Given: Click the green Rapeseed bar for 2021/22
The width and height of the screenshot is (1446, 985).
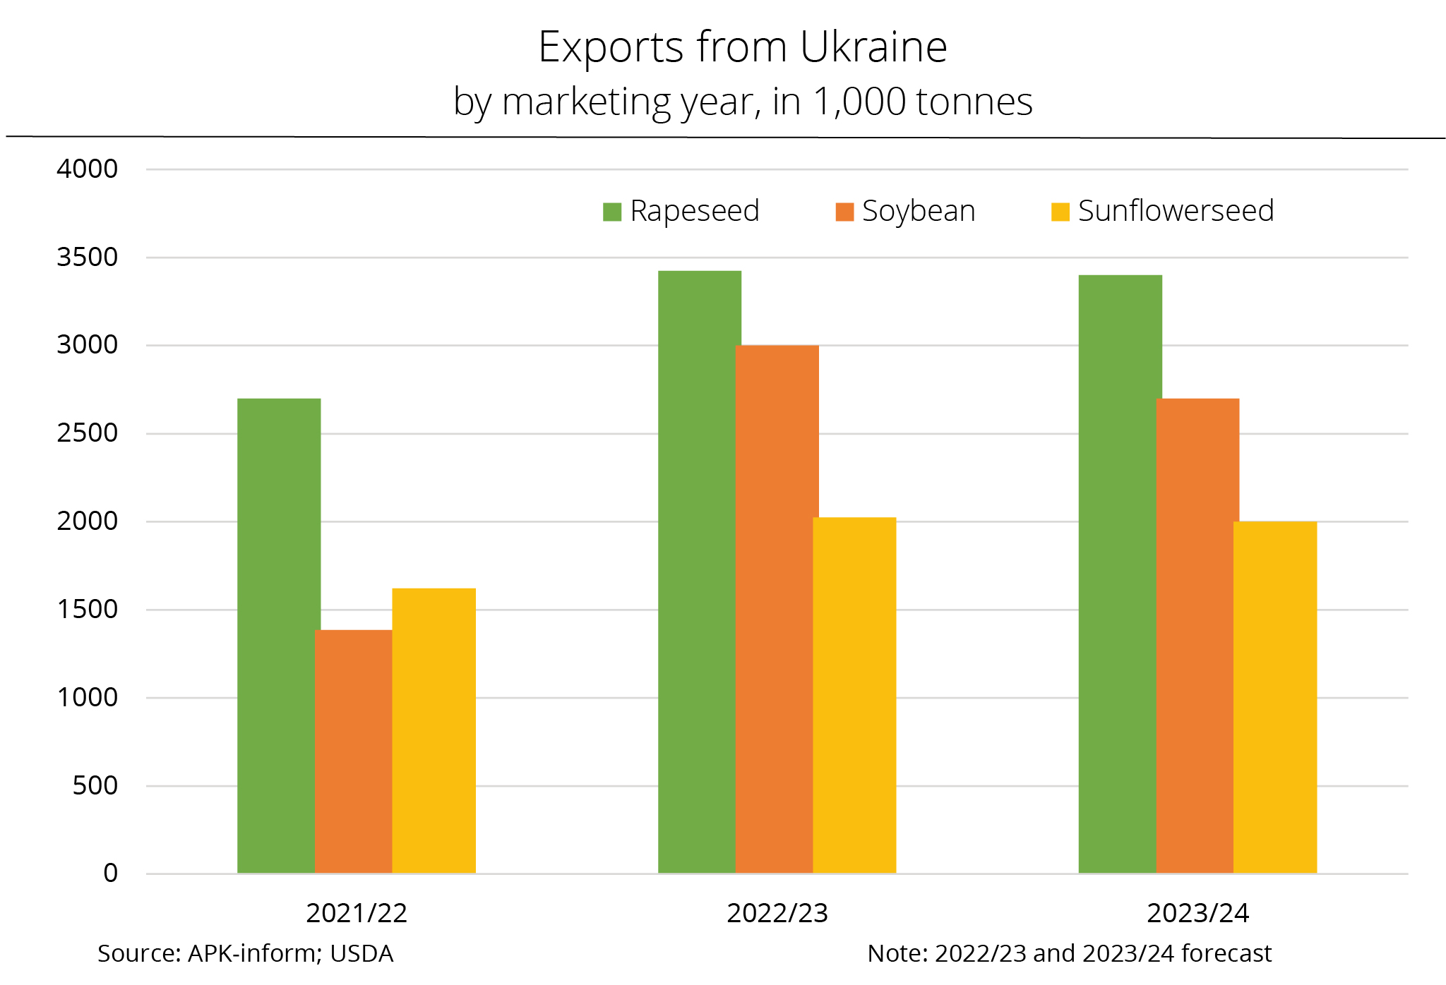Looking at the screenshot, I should pyautogui.click(x=278, y=635).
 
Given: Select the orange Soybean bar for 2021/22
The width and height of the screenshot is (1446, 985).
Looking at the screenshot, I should pyautogui.click(x=353, y=751).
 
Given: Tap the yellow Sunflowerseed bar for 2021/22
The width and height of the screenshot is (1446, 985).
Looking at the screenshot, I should pyautogui.click(x=434, y=730).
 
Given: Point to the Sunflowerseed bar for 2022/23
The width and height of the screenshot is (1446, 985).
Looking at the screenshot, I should pyautogui.click(x=854, y=695).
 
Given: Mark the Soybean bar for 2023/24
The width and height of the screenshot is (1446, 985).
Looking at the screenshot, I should pyautogui.click(x=1197, y=635).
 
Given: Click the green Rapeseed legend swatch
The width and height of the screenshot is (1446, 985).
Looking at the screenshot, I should pyautogui.click(x=611, y=212).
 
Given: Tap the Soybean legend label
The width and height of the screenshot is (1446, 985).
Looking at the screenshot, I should pyautogui.click(x=919, y=211).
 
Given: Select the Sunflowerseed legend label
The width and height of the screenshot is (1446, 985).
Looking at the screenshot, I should pyautogui.click(x=1176, y=211).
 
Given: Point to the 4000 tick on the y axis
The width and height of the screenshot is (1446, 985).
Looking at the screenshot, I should pyautogui.click(x=88, y=169).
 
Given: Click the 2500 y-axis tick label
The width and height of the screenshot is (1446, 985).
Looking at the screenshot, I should pyautogui.click(x=88, y=433).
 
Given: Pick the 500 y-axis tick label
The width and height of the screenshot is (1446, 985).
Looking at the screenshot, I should pyautogui.click(x=95, y=785).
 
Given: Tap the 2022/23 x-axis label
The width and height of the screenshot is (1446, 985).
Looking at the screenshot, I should pyautogui.click(x=777, y=913).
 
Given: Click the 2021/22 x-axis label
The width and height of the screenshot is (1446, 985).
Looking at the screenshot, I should pyautogui.click(x=357, y=913).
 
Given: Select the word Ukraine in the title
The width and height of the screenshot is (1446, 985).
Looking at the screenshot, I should pyautogui.click(x=873, y=47).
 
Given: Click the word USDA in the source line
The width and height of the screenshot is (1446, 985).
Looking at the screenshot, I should pyautogui.click(x=361, y=953).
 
